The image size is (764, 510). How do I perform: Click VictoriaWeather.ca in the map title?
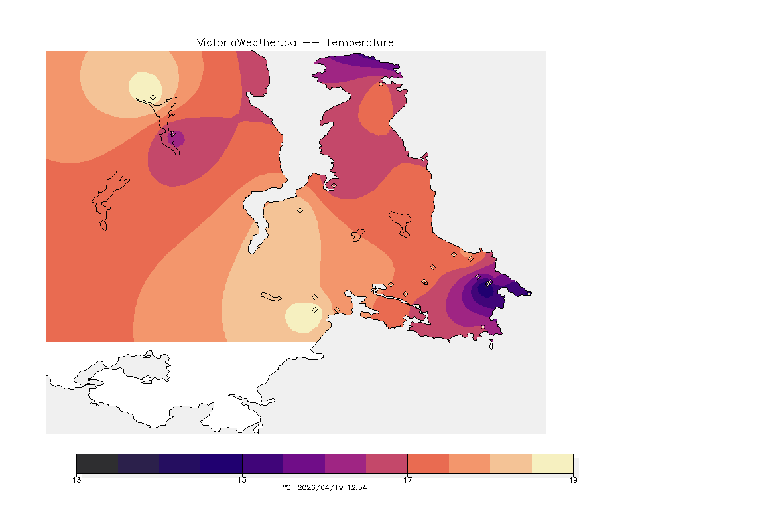[246, 42]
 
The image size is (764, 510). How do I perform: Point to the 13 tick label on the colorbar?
[77, 480]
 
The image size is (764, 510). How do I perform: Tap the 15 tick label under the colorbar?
[242, 480]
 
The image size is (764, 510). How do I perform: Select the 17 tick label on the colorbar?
[407, 480]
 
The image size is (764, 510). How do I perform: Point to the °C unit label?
[286, 487]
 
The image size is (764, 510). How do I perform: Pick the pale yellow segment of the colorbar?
[552, 463]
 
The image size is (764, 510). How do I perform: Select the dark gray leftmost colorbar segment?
[97, 463]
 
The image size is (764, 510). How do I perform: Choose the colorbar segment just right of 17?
[428, 463]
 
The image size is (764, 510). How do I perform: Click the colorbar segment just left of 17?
[387, 463]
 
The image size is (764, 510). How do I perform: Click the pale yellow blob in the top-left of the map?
[144, 86]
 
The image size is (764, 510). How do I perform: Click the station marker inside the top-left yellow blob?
[153, 97]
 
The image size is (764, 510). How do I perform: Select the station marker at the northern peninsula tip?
[381, 84]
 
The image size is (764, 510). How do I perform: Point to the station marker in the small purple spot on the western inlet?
[172, 134]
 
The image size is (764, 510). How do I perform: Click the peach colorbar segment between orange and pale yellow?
[511, 463]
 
